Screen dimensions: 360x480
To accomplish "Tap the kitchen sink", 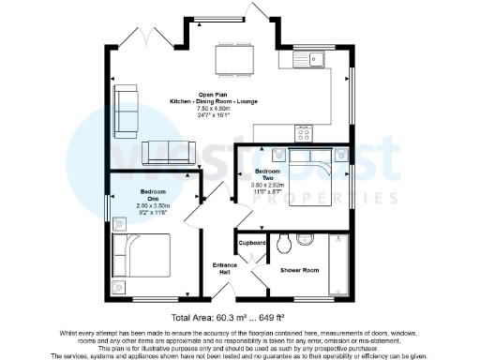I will [307, 60].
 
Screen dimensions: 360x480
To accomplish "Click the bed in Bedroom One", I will [142, 256].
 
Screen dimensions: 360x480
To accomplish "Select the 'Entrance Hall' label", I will [227, 268].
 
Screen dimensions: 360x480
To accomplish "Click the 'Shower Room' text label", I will [300, 270].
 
